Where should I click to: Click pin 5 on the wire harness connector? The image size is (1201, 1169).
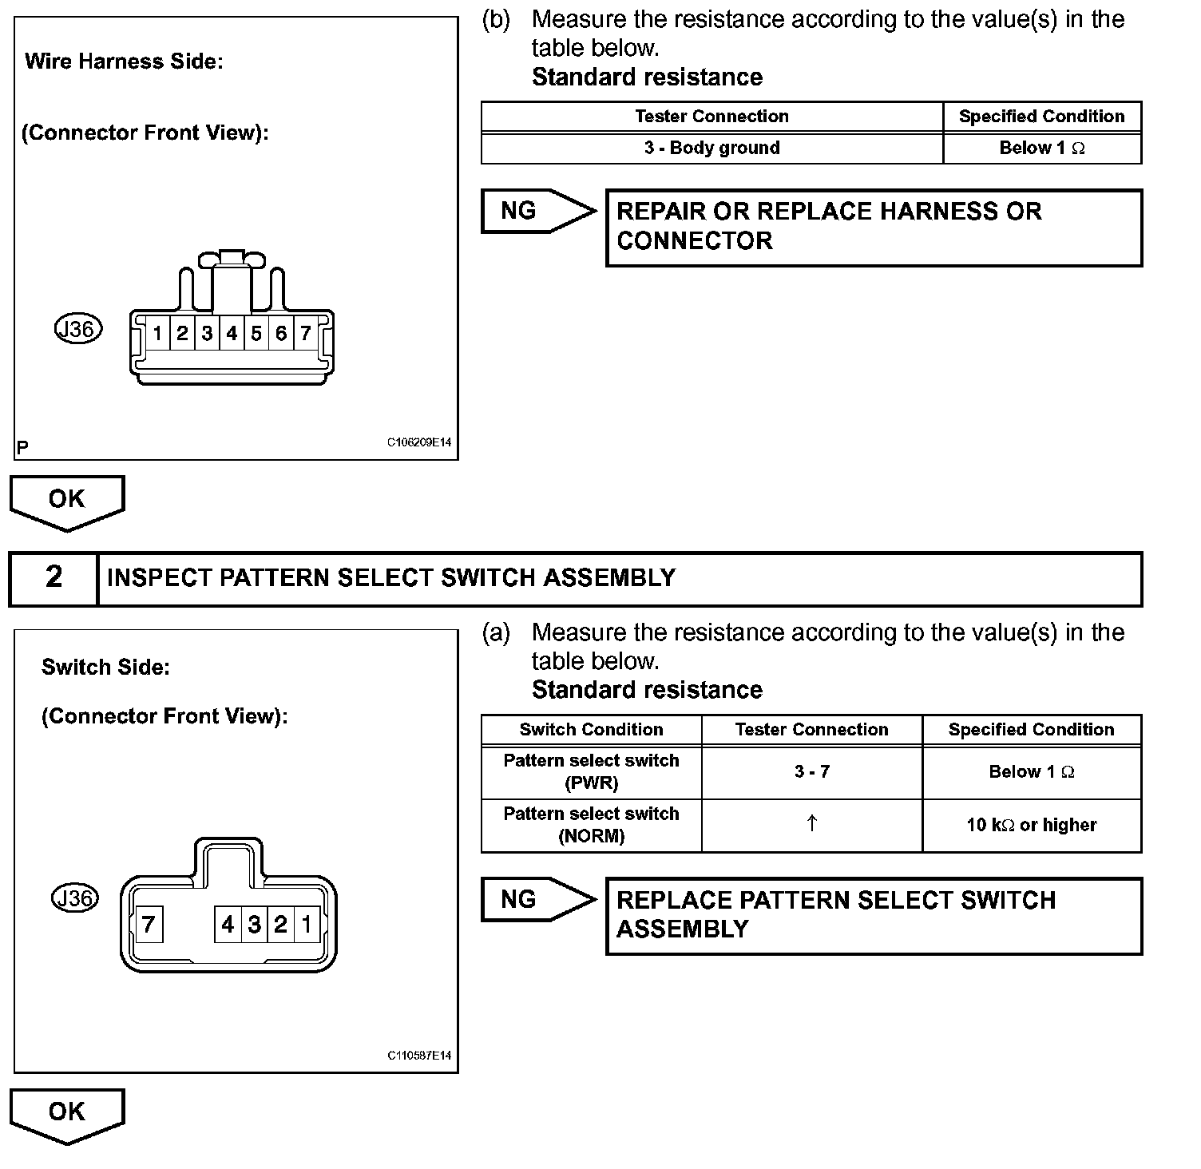click(x=256, y=333)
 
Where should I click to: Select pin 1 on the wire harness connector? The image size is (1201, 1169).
click(x=158, y=333)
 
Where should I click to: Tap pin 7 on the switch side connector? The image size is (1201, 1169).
click(x=149, y=925)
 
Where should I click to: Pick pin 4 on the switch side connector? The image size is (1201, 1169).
click(x=228, y=925)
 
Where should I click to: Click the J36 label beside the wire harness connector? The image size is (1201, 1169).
click(x=78, y=329)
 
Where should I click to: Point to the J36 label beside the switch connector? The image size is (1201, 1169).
click(x=74, y=898)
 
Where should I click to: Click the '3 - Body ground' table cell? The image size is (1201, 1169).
click(x=711, y=149)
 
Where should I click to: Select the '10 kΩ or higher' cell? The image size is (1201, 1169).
click(x=1031, y=826)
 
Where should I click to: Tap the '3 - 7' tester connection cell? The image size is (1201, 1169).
click(x=811, y=772)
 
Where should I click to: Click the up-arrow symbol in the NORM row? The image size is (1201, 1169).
click(x=811, y=824)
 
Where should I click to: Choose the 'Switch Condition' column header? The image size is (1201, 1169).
click(x=591, y=730)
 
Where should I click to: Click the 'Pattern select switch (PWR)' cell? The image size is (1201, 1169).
click(x=591, y=772)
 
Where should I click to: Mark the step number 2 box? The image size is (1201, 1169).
click(x=54, y=577)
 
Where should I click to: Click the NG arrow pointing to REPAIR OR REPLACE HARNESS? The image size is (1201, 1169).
click(x=537, y=212)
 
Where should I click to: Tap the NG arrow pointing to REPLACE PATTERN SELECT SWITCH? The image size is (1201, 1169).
click(x=537, y=900)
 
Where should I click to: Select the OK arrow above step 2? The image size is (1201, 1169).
click(x=67, y=501)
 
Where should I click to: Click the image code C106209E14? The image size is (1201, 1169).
click(x=419, y=442)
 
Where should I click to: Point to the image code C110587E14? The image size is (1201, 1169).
click(x=419, y=1056)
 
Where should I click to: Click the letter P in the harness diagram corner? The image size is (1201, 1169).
click(x=22, y=447)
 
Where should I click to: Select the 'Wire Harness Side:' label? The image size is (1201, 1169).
click(x=124, y=61)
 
